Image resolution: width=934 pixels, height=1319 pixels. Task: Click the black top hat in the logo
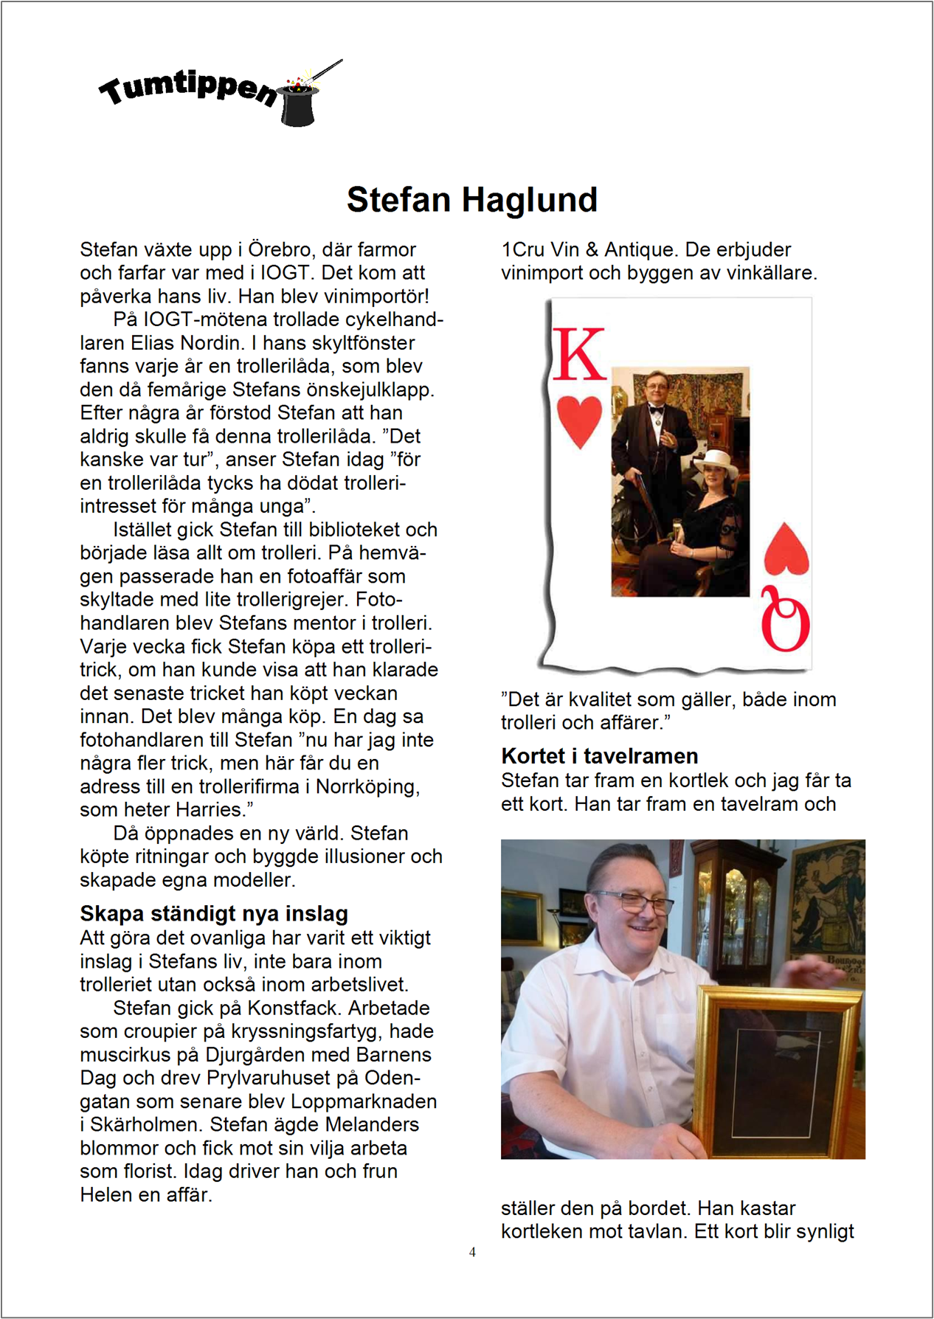coord(300,105)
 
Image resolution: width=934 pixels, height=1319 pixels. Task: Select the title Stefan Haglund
coord(471,200)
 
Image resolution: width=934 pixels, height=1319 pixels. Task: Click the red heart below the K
coord(579,422)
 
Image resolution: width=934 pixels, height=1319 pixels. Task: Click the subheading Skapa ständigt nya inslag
coord(214,914)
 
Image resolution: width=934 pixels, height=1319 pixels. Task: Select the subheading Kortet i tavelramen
coord(599,756)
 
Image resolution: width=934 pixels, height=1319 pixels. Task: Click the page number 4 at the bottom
coord(472,1251)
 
